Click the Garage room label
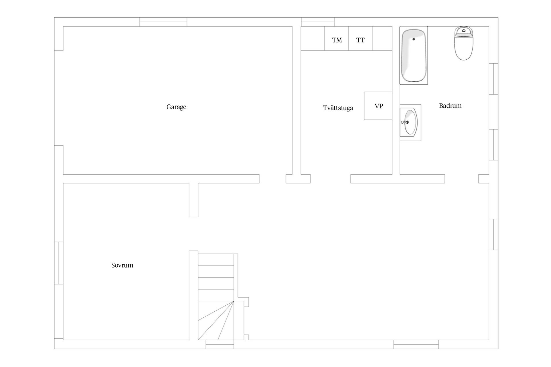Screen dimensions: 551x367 tap(176, 107)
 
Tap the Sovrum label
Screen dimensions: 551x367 tap(122, 265)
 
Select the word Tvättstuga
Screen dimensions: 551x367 tap(338, 108)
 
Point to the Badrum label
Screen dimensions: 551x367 tap(450, 106)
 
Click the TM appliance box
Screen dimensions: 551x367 tap(337, 38)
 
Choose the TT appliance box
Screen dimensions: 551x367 tap(361, 38)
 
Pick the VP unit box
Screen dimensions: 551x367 tap(378, 106)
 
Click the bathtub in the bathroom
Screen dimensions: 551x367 tap(414, 55)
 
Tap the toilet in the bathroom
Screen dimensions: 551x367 tap(463, 43)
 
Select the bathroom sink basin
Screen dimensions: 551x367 tap(410, 122)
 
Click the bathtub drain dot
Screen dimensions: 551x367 tap(414, 39)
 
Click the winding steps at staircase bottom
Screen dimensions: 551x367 tap(216, 321)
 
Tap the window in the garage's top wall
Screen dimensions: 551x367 tap(163, 22)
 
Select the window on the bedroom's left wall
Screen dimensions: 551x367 tap(59, 263)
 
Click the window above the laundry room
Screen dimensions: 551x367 tap(318, 22)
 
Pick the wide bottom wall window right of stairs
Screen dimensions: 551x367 tap(416, 344)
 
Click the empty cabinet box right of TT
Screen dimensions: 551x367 tap(382, 38)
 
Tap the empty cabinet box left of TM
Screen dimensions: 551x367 tap(313, 38)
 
